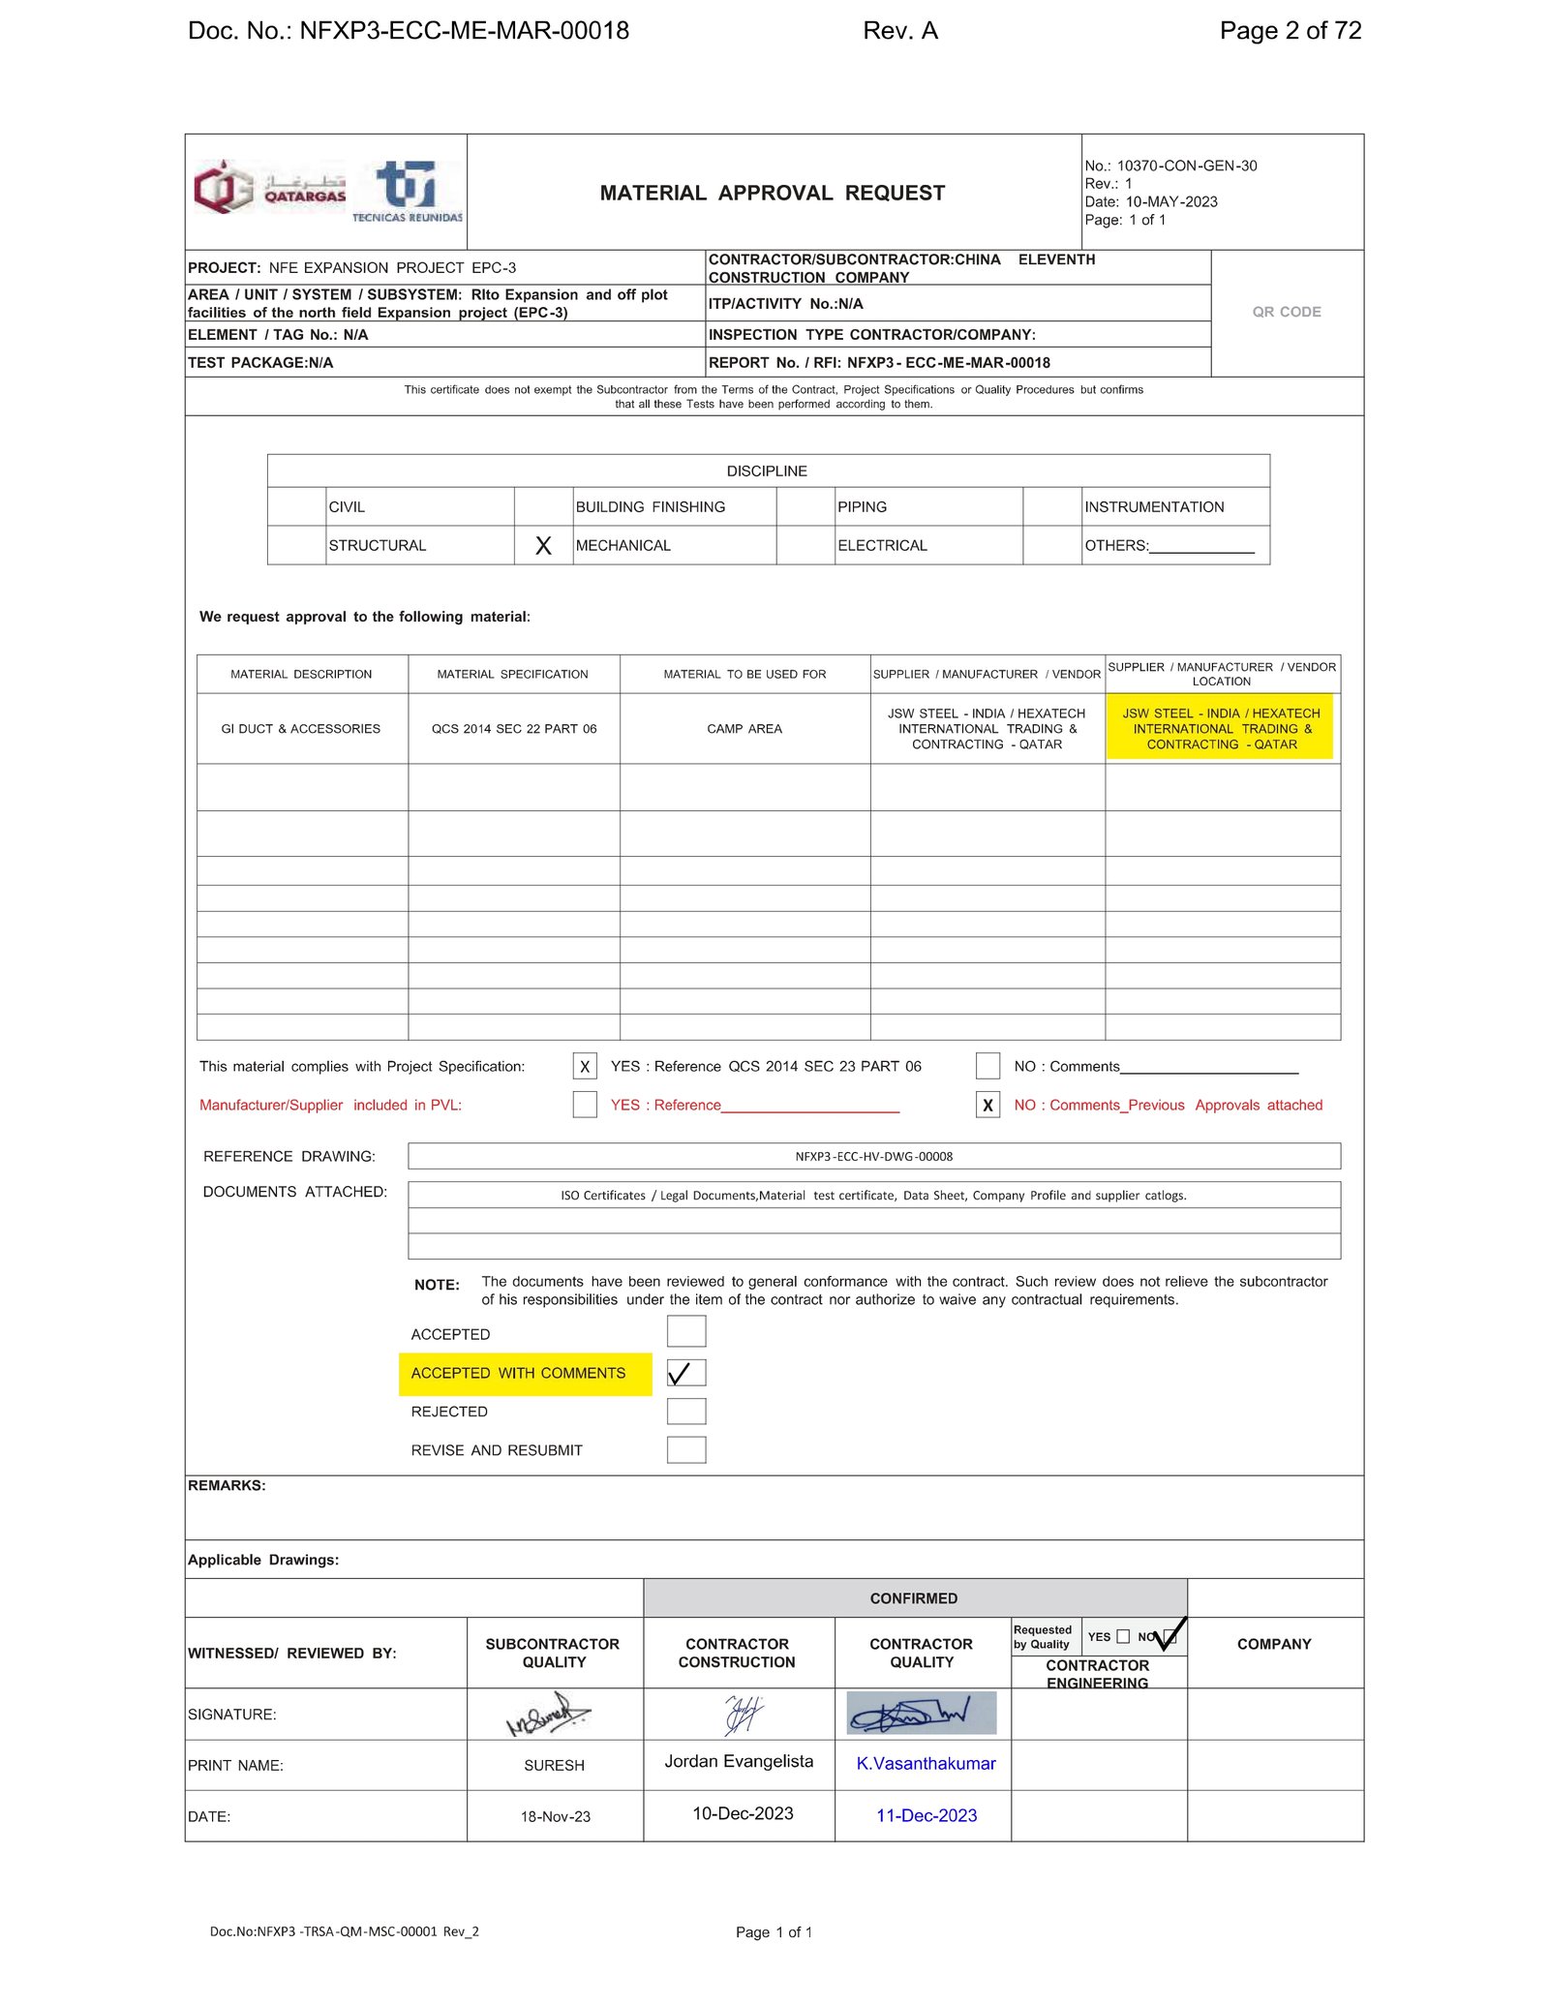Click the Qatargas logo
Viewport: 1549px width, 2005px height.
[270, 188]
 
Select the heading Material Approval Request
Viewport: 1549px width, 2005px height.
[772, 193]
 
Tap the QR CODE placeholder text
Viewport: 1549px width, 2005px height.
[1286, 312]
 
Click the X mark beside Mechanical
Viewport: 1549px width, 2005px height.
[543, 546]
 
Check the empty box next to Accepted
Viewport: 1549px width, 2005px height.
[685, 1332]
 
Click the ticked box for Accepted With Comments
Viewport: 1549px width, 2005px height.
[685, 1373]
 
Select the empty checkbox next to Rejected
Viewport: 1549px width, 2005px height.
[685, 1412]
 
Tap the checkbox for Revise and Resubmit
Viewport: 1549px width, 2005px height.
[685, 1450]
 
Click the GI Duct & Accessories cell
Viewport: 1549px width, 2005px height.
[301, 729]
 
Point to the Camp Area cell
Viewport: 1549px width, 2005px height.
[744, 729]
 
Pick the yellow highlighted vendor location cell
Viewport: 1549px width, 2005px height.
[1221, 729]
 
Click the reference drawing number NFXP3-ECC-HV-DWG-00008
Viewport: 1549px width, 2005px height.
[873, 1157]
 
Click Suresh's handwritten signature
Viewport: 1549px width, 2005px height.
[549, 1715]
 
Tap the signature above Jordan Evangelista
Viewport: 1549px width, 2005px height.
[744, 1715]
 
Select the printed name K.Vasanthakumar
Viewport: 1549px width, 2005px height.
[926, 1764]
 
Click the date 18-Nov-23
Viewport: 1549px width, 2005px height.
[555, 1817]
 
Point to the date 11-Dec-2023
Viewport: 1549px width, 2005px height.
[926, 1816]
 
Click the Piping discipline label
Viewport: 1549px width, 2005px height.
[862, 507]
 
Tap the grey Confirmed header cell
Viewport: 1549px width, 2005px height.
[913, 1598]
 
